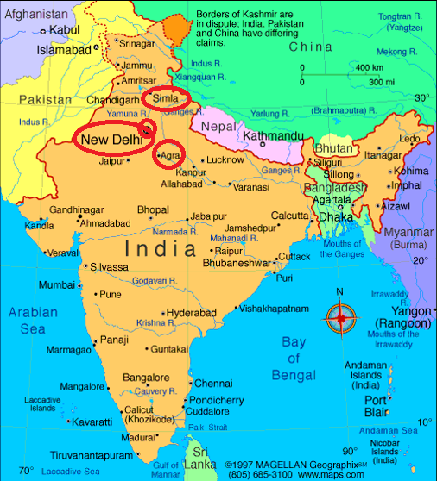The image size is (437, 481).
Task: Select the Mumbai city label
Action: tap(56, 285)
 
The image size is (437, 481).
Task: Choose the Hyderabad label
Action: tap(191, 313)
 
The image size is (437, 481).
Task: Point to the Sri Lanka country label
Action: tap(205, 459)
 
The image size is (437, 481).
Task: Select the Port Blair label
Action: tap(374, 406)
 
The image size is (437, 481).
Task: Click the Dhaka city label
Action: tap(336, 217)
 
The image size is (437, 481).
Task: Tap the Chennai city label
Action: tap(212, 384)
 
